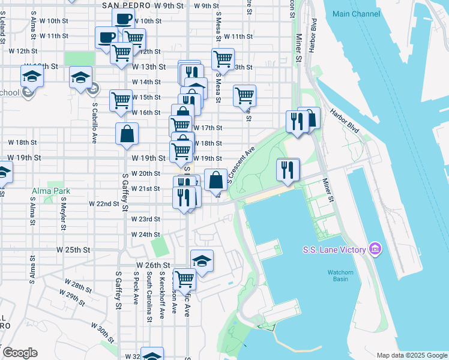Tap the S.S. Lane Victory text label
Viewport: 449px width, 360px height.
click(x=333, y=249)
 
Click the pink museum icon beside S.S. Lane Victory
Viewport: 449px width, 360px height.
click(x=375, y=248)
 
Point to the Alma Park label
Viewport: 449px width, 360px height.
click(x=51, y=191)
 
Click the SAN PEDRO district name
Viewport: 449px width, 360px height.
click(x=126, y=5)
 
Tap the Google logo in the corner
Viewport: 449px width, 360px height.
click(x=20, y=353)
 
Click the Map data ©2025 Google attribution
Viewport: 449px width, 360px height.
click(x=411, y=355)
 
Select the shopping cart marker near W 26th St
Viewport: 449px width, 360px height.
click(x=184, y=279)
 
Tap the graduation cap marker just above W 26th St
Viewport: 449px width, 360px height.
click(x=202, y=261)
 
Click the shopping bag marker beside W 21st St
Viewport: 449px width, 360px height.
click(x=215, y=179)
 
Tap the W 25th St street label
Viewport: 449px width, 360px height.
click(x=73, y=249)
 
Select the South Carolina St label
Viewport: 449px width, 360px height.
click(x=148, y=296)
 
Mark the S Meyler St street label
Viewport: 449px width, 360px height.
click(x=62, y=213)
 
